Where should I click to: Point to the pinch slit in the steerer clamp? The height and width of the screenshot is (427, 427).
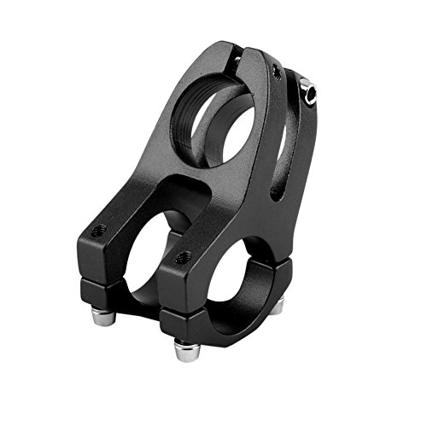[233, 61]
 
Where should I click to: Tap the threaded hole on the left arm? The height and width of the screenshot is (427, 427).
[99, 230]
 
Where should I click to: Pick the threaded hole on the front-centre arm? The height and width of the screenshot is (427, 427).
[182, 256]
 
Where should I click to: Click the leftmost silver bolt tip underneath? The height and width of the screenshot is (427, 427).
[102, 317]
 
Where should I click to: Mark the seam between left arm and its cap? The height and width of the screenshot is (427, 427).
[102, 275]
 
